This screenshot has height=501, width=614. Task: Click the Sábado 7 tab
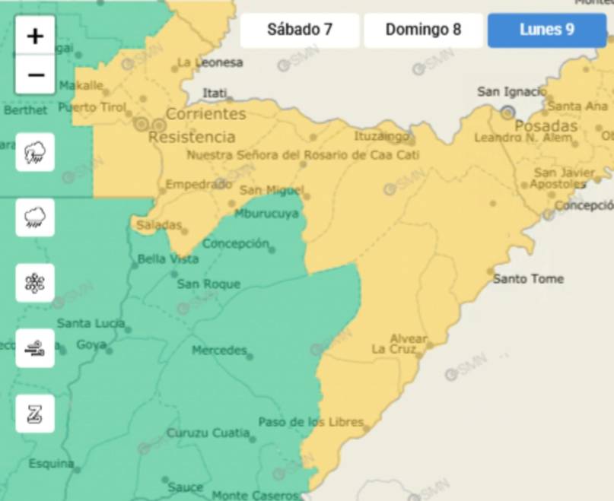(x=300, y=30)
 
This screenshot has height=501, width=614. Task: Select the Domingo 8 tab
(x=423, y=30)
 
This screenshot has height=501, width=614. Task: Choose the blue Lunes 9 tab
(x=546, y=30)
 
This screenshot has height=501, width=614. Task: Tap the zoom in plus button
(x=35, y=36)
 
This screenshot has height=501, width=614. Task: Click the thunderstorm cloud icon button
(x=35, y=152)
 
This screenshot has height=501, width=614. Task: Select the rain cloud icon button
(x=35, y=217)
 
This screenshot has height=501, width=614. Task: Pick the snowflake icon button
(x=35, y=283)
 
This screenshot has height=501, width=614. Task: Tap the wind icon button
(x=35, y=348)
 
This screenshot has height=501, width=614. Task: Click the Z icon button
(x=35, y=414)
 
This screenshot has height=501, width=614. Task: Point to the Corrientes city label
(x=205, y=114)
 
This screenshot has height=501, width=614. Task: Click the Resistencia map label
(x=192, y=138)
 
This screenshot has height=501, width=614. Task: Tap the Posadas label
(x=546, y=126)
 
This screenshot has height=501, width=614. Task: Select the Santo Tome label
(x=528, y=279)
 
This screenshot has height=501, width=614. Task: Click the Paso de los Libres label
(x=310, y=422)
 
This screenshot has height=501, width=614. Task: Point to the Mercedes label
(x=219, y=350)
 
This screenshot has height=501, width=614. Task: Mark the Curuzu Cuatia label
(x=208, y=433)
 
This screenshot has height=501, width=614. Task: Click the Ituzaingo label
(x=381, y=137)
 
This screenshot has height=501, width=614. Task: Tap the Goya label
(x=91, y=345)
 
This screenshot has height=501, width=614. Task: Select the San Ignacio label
(x=511, y=92)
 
